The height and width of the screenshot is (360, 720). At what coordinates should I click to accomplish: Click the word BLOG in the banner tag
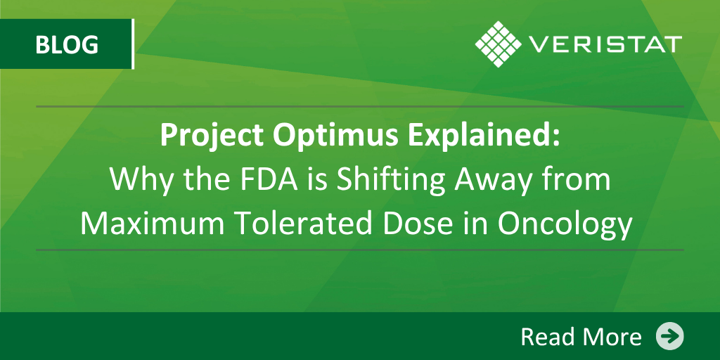67,44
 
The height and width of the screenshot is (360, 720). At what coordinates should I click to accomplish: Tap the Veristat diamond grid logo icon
499,44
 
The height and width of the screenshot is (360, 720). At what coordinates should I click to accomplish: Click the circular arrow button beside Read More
669,336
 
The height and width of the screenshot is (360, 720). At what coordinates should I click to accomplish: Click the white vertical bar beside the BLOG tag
133,44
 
